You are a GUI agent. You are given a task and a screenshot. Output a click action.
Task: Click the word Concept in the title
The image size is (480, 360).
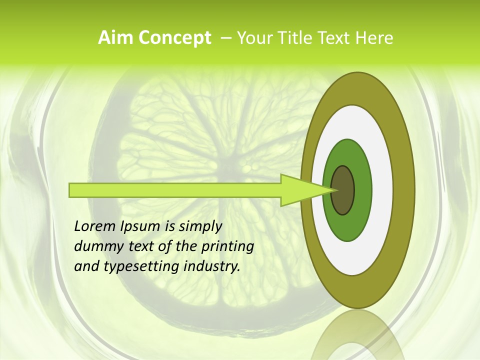point(174,38)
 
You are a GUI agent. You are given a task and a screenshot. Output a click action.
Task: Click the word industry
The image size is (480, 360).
point(212,266)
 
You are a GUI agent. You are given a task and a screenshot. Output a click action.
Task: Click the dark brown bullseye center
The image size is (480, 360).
point(342,190)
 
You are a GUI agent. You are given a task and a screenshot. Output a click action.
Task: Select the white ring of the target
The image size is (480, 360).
point(382,190)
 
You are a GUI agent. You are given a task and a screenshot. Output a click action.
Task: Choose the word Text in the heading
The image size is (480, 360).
point(333,38)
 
